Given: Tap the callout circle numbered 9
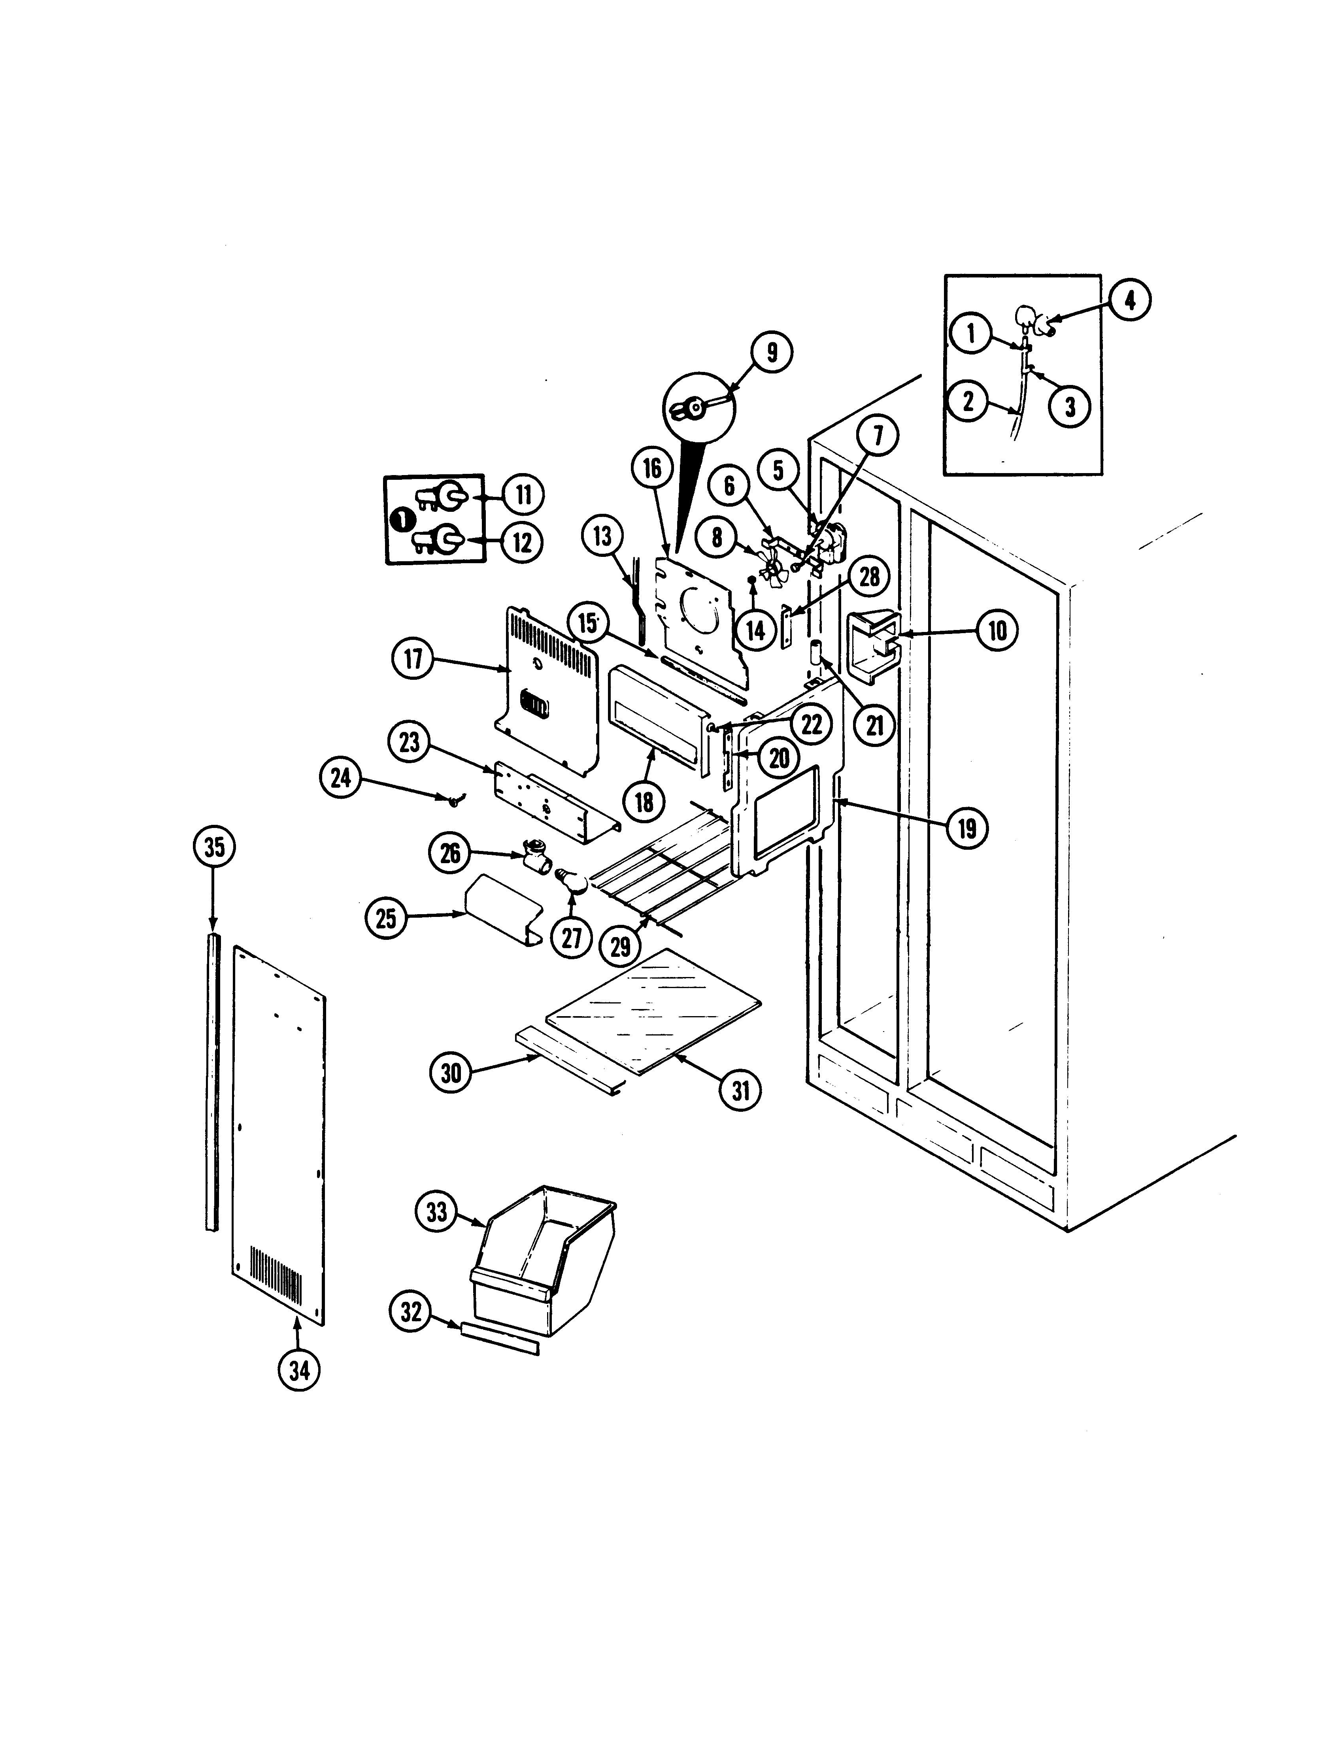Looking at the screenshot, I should click(771, 353).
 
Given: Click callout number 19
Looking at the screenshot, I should click(966, 829).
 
